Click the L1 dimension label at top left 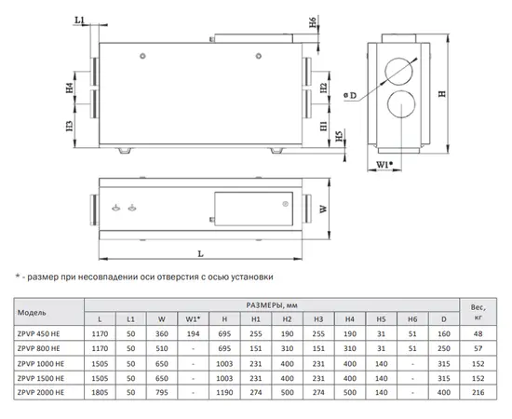[80, 20]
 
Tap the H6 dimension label [313, 22]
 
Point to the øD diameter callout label [350, 95]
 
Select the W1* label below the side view [384, 165]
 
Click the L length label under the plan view [200, 253]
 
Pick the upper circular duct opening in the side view [398, 72]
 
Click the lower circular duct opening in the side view [401, 104]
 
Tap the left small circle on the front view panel [142, 56]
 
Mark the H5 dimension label [340, 136]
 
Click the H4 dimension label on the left [70, 88]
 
